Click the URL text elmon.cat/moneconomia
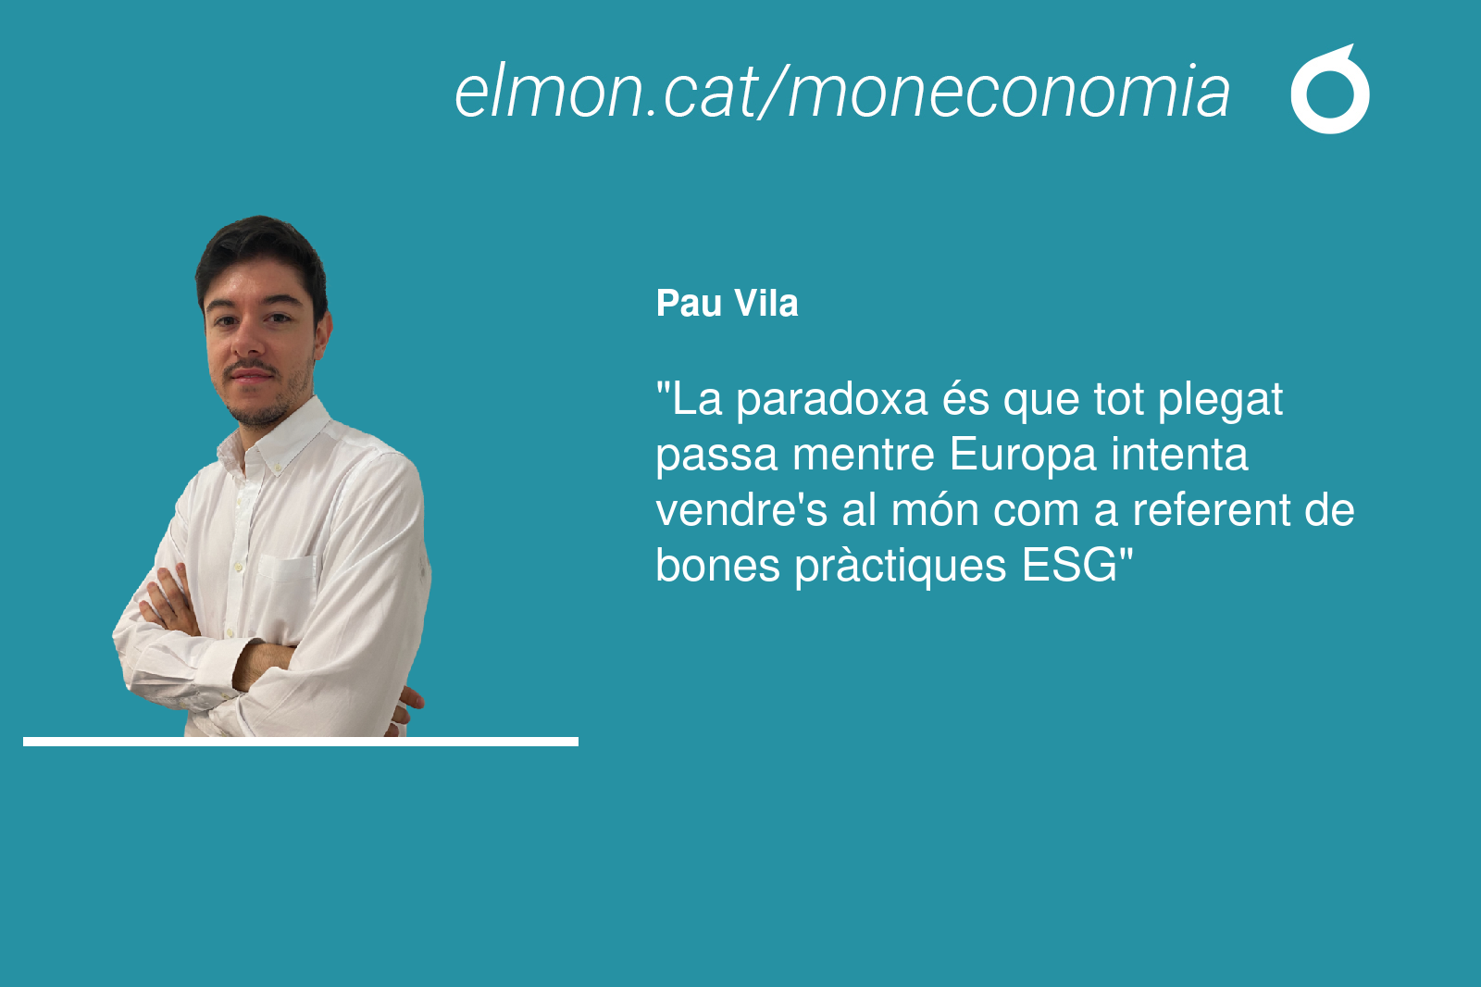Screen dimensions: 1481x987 point(841,92)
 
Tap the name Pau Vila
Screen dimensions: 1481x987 point(727,304)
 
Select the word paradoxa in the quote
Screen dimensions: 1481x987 point(832,401)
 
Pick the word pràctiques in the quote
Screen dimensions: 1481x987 point(901,567)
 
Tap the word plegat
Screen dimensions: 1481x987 point(1220,401)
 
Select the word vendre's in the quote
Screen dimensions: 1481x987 point(741,510)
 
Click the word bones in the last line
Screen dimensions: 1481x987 point(717,566)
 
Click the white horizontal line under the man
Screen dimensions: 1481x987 point(301,742)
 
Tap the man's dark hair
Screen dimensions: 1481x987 point(261,255)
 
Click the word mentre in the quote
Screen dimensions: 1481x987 point(864,456)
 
